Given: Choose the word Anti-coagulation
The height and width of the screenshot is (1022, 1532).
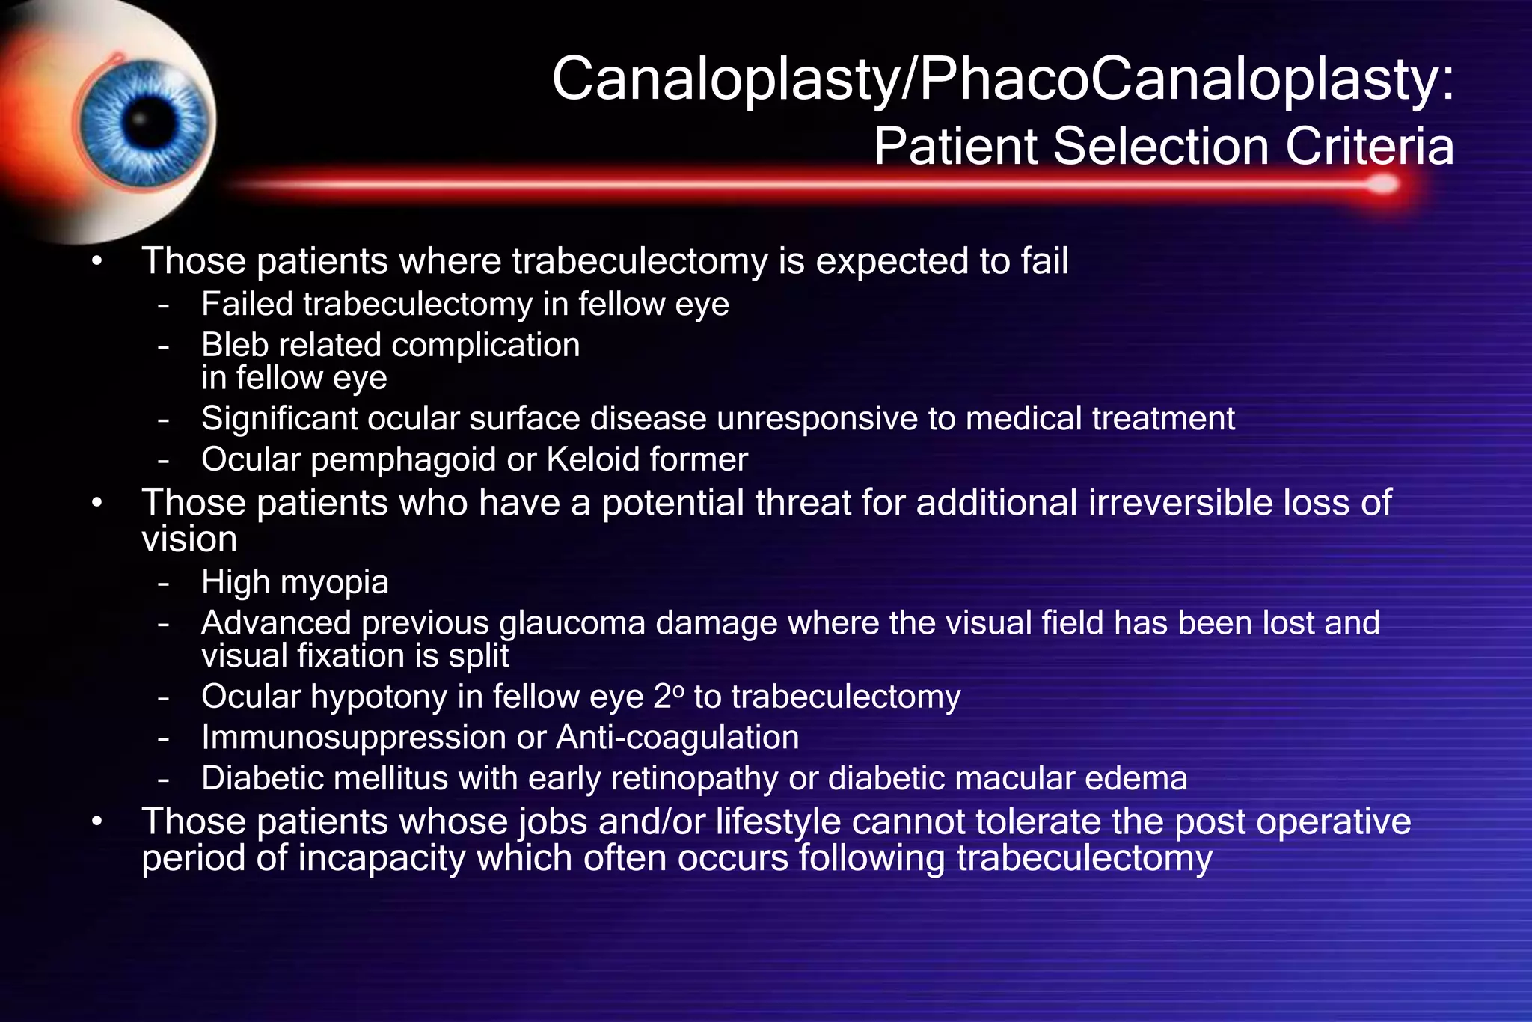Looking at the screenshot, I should (x=678, y=738).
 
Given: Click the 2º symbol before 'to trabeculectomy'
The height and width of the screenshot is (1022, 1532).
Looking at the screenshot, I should (x=669, y=697).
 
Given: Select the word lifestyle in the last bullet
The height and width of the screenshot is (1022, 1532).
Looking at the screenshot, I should (x=778, y=823).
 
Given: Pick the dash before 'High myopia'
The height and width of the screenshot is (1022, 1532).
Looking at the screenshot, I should (x=164, y=583).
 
